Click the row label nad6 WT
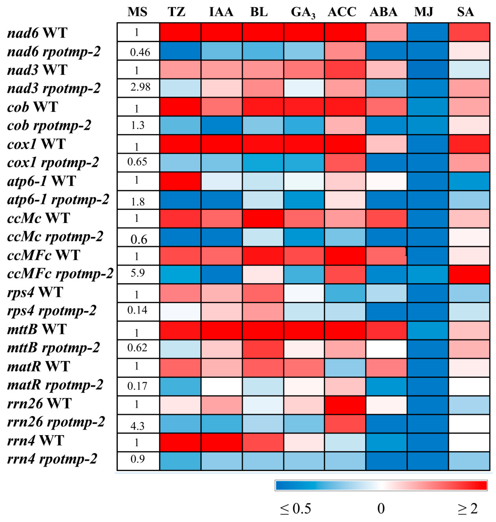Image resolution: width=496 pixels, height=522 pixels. [x=37, y=33]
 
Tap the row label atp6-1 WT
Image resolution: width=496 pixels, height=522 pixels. [x=41, y=181]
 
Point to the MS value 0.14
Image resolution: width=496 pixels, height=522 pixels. [x=137, y=310]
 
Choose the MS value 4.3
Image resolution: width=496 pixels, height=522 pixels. [x=137, y=426]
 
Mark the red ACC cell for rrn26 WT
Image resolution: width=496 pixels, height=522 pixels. [x=345, y=405]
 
